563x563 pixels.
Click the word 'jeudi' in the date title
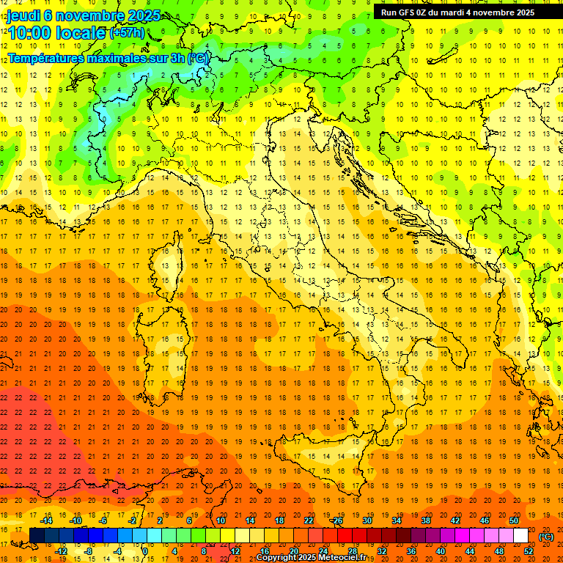pyautogui.click(x=25, y=15)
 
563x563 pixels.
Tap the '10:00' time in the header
pyautogui.click(x=30, y=32)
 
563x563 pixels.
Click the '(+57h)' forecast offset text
pyautogui.click(x=127, y=33)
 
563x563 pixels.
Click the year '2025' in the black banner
pyautogui.click(x=522, y=12)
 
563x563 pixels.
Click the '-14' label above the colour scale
pyautogui.click(x=46, y=520)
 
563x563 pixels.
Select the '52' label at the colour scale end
pyautogui.click(x=528, y=551)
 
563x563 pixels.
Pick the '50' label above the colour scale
pyautogui.click(x=514, y=520)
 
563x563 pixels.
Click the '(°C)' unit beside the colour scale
pyautogui.click(x=546, y=536)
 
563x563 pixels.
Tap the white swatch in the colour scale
pyautogui.click(x=520, y=536)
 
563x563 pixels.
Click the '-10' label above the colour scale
pyautogui.click(x=76, y=520)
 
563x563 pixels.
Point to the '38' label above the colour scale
pyautogui.click(x=426, y=520)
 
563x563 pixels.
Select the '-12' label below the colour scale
pyautogui.click(x=61, y=551)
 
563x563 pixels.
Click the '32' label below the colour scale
pyautogui.click(x=382, y=551)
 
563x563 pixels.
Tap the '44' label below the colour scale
pyautogui.click(x=470, y=551)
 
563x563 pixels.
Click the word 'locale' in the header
pyautogui.click(x=82, y=33)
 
